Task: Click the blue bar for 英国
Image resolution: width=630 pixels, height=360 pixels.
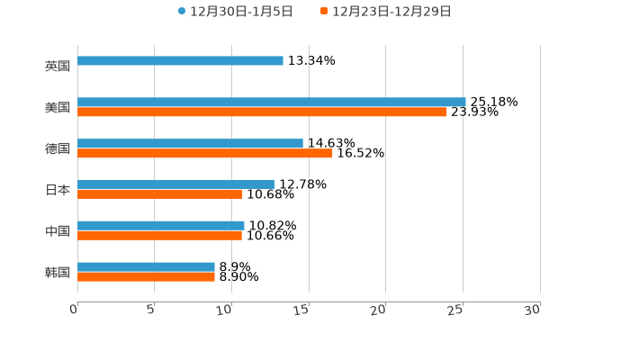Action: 180,61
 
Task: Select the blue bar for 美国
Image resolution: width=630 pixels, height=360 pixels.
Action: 271,103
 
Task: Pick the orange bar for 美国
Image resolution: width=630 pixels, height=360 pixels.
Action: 261,112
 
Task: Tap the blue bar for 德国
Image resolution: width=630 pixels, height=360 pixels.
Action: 190,144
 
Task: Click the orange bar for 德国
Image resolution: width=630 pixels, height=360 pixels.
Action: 204,154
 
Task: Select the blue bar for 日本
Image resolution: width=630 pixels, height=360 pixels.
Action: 175,184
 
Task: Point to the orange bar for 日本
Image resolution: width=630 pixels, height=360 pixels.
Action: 159,194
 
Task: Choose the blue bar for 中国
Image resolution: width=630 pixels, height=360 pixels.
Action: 160,226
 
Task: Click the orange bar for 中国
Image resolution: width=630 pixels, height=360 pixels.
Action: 159,236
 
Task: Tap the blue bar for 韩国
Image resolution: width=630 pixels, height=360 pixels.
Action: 146,267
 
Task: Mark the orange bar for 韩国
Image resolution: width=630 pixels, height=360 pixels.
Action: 146,277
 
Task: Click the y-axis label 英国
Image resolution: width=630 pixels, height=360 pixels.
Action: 58,66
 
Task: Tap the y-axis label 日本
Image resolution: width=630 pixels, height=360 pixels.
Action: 58,190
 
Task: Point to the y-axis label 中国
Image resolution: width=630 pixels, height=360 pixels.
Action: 58,231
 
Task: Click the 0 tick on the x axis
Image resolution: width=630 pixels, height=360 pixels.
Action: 75,310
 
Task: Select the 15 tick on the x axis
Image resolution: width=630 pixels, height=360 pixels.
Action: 302,310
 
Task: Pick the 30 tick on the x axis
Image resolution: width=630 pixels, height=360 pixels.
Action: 533,310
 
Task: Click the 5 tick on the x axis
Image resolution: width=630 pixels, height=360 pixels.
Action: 151,310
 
